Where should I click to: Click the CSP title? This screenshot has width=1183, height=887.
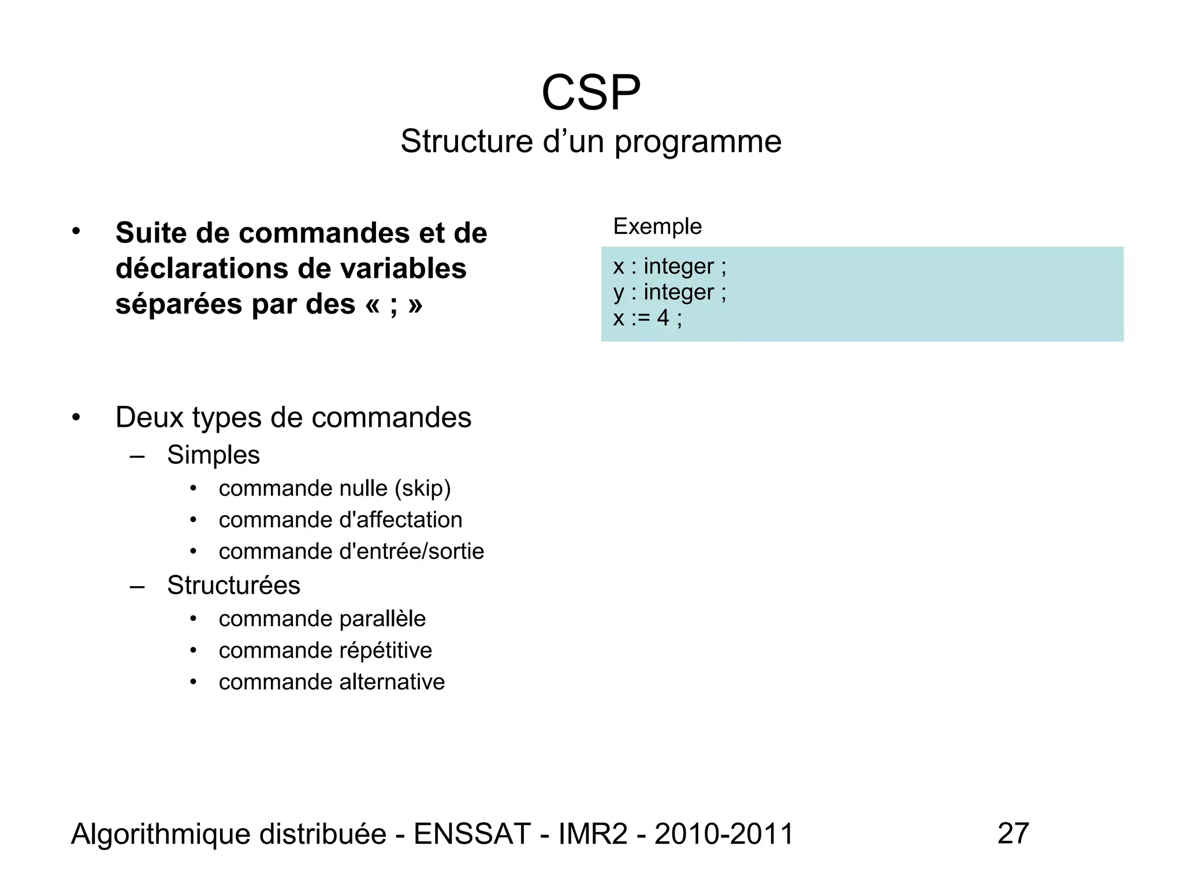(591, 93)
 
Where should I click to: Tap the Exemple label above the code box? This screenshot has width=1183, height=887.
(657, 226)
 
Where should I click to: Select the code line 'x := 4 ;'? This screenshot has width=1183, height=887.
(647, 318)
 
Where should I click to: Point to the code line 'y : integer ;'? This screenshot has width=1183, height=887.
(669, 292)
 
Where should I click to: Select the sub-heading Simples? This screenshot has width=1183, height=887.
(213, 455)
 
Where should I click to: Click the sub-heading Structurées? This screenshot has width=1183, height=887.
(233, 586)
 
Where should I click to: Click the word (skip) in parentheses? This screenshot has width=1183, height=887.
(422, 489)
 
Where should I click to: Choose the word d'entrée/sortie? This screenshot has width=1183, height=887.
(411, 551)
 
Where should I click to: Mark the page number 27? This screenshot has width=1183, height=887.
(1013, 833)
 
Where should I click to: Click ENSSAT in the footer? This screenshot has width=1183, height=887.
(472, 834)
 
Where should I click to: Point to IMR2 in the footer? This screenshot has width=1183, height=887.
(593, 834)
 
